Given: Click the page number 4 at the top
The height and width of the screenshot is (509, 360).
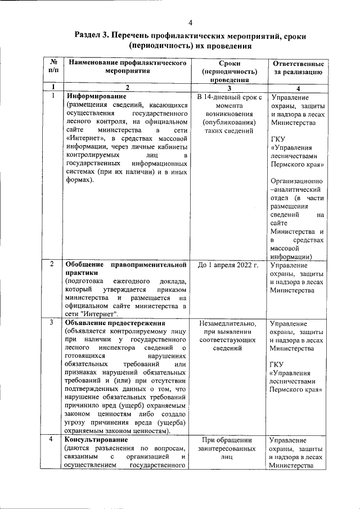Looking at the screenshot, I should pyautogui.click(x=190, y=23).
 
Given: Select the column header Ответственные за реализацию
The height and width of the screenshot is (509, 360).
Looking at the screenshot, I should pyautogui.click(x=297, y=68).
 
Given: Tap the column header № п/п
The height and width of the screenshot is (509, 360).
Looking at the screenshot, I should pyautogui.click(x=52, y=68).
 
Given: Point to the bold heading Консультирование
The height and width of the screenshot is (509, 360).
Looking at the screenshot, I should pyautogui.click(x=97, y=439).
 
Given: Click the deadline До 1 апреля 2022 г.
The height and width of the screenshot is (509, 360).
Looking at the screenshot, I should pyautogui.click(x=228, y=265).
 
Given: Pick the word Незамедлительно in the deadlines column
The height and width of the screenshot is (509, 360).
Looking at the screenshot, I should pyautogui.click(x=228, y=324).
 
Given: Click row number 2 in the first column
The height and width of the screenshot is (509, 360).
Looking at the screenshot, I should pyautogui.click(x=52, y=264).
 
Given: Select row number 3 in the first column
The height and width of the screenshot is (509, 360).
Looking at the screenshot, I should pyautogui.click(x=52, y=323).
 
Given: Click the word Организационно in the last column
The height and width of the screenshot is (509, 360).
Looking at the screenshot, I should pyautogui.click(x=296, y=181).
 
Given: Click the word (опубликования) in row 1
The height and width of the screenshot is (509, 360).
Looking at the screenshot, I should pyautogui.click(x=228, y=122).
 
